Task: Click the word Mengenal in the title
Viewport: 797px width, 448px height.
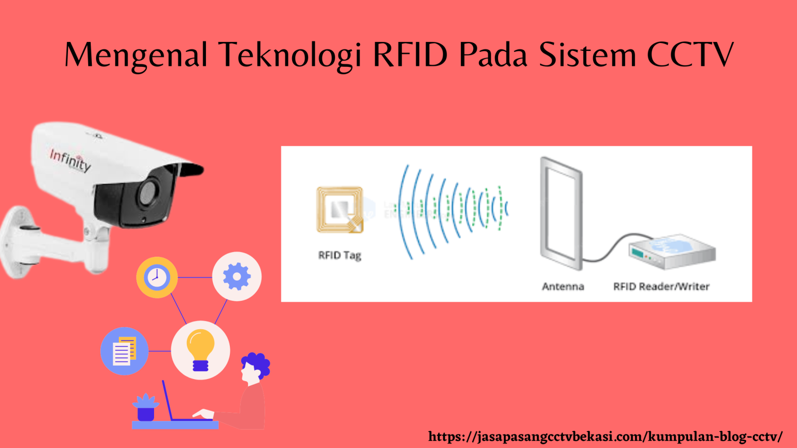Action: coord(136,55)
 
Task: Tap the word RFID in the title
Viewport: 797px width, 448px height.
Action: coord(410,54)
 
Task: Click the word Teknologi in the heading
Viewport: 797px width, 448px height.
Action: coord(290,55)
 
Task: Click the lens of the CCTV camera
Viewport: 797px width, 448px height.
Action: coord(148,193)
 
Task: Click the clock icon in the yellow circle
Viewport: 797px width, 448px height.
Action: coord(157,277)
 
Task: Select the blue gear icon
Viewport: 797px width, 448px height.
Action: coord(237,276)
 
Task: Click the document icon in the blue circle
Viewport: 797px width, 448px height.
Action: coord(124,351)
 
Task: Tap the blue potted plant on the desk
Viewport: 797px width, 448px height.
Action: coord(146,407)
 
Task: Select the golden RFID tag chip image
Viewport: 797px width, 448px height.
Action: coord(340,210)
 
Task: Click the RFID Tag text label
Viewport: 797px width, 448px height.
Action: coord(339,255)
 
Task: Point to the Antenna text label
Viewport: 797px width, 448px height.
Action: coord(562,286)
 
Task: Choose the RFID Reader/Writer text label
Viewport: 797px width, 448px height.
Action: coord(661,286)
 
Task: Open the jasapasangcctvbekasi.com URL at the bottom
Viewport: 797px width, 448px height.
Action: coord(605,437)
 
